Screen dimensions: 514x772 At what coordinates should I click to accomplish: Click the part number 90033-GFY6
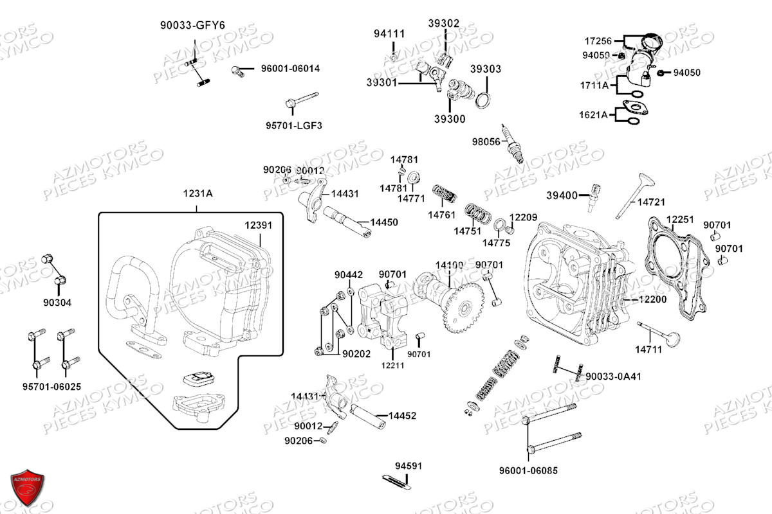(x=192, y=26)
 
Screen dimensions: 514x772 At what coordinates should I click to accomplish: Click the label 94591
(x=409, y=466)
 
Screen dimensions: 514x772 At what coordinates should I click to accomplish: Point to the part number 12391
(x=258, y=226)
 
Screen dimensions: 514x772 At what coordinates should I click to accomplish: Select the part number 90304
(x=57, y=303)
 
